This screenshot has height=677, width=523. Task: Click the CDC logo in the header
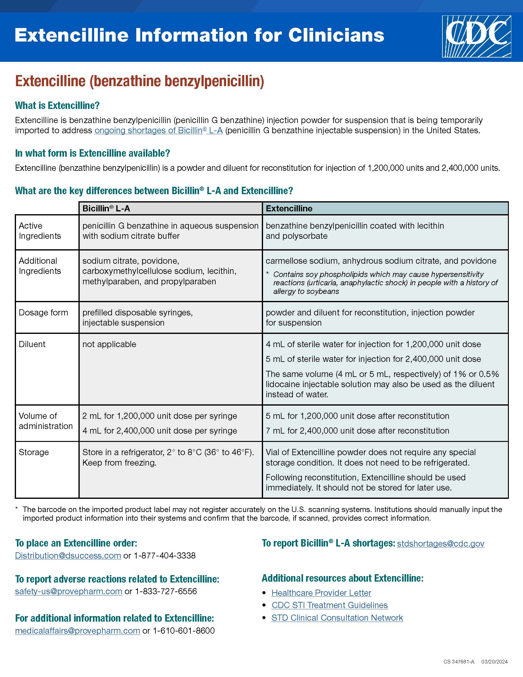click(476, 37)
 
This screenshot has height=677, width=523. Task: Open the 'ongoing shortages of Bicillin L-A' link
click(158, 130)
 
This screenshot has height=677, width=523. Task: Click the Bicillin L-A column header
click(106, 209)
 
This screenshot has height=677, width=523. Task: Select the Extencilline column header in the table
click(289, 209)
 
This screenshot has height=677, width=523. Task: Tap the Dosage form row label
click(43, 312)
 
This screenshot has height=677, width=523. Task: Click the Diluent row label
click(32, 344)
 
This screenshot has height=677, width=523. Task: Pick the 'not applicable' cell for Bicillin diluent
click(109, 344)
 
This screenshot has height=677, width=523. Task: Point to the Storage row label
click(34, 452)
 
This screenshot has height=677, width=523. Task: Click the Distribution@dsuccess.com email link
click(68, 555)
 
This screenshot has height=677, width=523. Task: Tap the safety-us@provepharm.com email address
click(69, 591)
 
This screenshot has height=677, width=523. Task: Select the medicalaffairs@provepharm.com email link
click(78, 631)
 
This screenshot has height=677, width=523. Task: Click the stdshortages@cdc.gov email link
click(441, 543)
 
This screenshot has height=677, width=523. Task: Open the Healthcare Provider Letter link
click(321, 593)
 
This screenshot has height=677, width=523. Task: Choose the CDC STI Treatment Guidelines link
click(329, 605)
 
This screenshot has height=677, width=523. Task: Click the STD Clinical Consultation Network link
click(337, 618)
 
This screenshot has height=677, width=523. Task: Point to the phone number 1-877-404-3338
click(165, 555)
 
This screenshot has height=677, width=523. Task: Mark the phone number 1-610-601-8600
click(183, 631)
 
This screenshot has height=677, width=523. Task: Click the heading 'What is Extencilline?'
click(57, 106)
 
